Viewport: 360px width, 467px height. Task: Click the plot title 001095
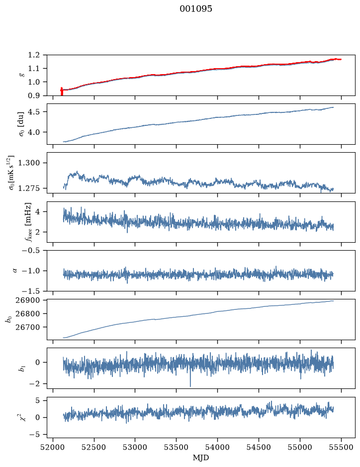pyautogui.click(x=195, y=8)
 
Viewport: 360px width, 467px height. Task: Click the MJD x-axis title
pyautogui.click(x=201, y=458)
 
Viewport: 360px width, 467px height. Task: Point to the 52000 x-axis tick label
pyautogui.click(x=53, y=447)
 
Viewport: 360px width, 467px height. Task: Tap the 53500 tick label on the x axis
pyautogui.click(x=177, y=447)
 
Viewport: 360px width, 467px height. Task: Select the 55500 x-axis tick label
pyautogui.click(x=341, y=447)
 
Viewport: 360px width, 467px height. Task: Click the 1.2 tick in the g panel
pyautogui.click(x=34, y=55)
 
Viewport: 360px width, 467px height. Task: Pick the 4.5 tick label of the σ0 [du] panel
pyautogui.click(x=34, y=112)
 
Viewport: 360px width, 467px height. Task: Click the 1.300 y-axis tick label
pyautogui.click(x=29, y=163)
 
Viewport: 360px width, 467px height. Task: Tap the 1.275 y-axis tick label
pyautogui.click(x=29, y=188)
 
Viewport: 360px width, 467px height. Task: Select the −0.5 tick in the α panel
pyautogui.click(x=31, y=250)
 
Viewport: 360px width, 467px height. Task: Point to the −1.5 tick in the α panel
pyautogui.click(x=31, y=290)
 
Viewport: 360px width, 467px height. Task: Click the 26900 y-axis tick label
pyautogui.click(x=27, y=300)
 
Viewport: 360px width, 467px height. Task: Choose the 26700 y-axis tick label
pyautogui.click(x=27, y=327)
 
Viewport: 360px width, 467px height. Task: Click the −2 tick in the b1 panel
pyautogui.click(x=34, y=383)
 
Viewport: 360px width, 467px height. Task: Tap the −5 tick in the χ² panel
pyautogui.click(x=34, y=435)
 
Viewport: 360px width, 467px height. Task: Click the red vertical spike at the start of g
pyautogui.click(x=62, y=91)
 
